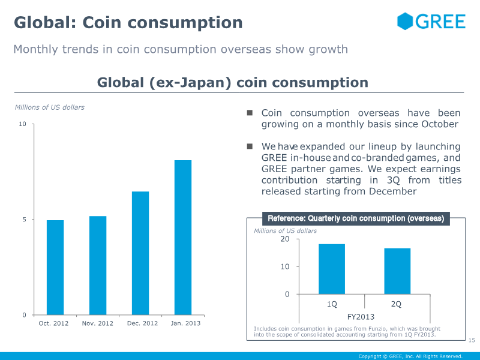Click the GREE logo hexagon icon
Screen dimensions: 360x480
click(x=406, y=22)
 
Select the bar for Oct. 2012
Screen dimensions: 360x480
click(x=55, y=268)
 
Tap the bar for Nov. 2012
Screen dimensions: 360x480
click(x=98, y=265)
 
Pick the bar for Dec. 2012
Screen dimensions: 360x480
click(x=140, y=253)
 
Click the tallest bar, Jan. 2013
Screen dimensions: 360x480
click(x=183, y=238)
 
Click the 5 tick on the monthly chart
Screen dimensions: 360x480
click(x=25, y=220)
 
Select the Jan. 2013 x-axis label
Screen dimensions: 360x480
click(x=185, y=323)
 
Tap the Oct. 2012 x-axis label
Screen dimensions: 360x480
click(x=54, y=323)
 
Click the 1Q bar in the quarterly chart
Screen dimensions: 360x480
click(x=332, y=269)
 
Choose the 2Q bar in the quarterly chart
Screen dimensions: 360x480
click(x=397, y=271)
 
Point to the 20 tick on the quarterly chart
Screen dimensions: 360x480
click(x=284, y=239)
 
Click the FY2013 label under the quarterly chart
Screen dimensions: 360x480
click(x=361, y=316)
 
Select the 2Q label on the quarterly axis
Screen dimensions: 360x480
click(x=396, y=304)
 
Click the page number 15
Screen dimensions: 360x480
click(x=471, y=341)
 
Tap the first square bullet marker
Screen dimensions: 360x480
click(x=250, y=113)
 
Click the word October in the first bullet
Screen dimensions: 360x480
click(x=437, y=124)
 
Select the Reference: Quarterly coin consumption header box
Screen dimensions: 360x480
click(x=356, y=218)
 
